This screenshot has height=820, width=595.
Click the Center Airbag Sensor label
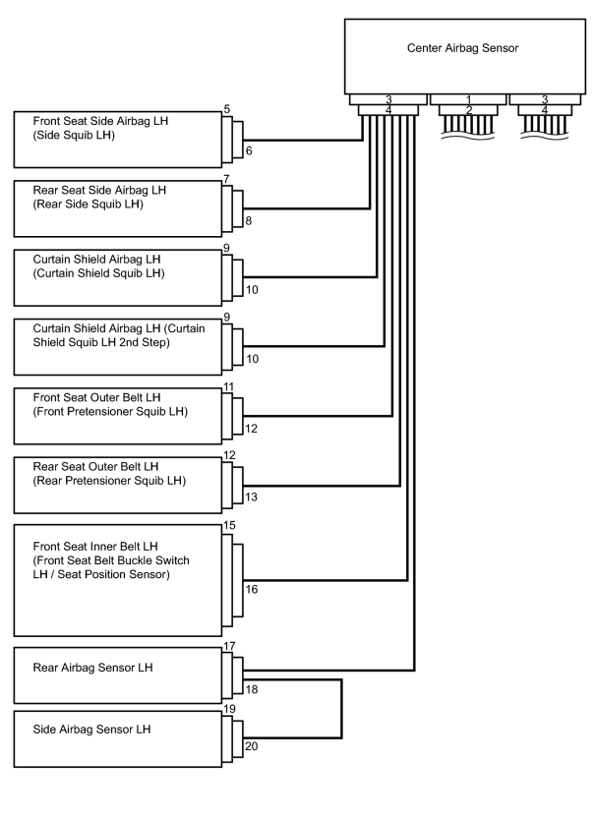462,48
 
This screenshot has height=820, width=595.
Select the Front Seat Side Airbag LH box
118,140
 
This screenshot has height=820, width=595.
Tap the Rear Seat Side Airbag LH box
118,208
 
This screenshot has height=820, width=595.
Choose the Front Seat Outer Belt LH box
118,416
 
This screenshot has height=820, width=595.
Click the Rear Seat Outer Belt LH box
118,486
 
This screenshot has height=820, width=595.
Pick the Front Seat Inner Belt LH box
118,580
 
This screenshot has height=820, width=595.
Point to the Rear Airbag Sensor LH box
118,675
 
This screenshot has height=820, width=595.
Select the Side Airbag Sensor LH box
118,739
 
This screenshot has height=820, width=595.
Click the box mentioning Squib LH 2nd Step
118,347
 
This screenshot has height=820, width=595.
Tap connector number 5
226,109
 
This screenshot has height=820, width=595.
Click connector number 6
249,150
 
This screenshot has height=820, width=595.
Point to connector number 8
249,220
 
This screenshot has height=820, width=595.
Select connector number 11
229,386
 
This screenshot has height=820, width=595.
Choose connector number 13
251,497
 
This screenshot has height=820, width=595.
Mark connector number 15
229,525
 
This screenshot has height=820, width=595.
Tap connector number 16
252,589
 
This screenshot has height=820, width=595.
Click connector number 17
229,646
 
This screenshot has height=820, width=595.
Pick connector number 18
252,689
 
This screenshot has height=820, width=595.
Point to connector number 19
229,709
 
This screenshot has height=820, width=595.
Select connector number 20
252,746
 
